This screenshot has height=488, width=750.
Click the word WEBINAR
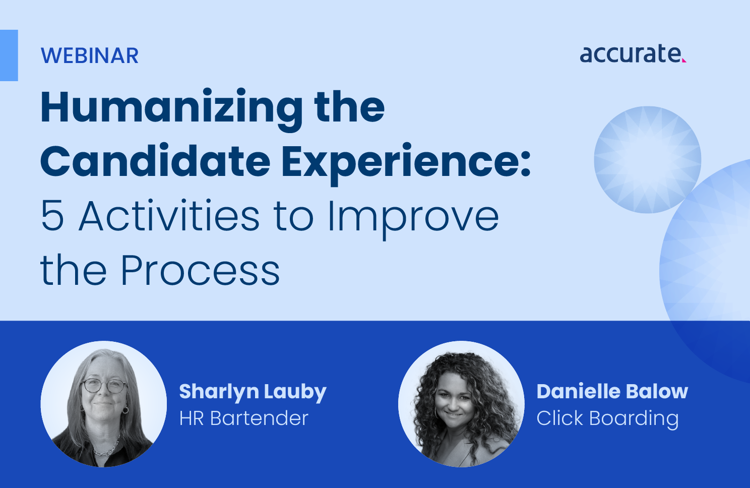click(x=90, y=56)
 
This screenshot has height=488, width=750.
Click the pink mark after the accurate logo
click(x=684, y=60)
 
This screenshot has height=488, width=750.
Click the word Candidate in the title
click(x=155, y=161)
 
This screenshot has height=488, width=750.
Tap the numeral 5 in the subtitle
click(x=52, y=216)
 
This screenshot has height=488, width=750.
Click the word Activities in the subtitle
click(x=169, y=216)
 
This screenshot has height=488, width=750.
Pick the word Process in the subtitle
click(x=200, y=271)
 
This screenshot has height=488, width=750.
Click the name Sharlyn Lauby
click(x=253, y=392)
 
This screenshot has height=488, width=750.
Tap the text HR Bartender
click(x=243, y=418)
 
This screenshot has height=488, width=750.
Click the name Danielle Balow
click(x=612, y=391)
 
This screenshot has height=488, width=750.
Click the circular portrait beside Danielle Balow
click(x=461, y=404)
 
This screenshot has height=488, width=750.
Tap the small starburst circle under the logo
click(x=647, y=159)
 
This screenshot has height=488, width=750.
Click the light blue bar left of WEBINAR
click(x=9, y=55)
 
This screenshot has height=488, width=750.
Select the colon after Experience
click(x=526, y=162)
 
